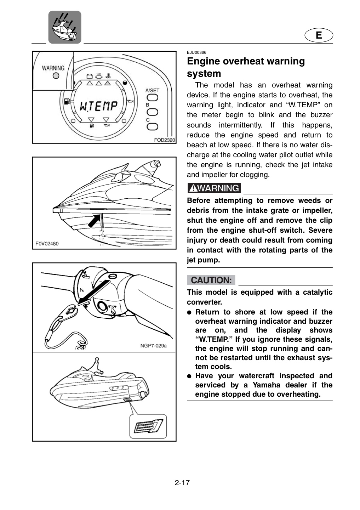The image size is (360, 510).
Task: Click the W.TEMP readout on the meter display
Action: pyautogui.click(x=98, y=107)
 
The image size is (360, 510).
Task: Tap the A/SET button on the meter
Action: pyautogui.click(x=153, y=98)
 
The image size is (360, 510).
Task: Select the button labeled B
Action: pyautogui.click(x=153, y=112)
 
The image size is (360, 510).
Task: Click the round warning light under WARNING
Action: pyautogui.click(x=56, y=75)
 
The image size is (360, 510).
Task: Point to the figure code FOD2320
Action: pyautogui.click(x=165, y=140)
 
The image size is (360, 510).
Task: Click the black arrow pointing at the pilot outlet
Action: pyautogui.click(x=94, y=221)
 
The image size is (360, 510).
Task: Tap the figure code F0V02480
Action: pyautogui.click(x=47, y=244)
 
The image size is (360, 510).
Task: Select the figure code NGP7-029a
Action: pyautogui.click(x=153, y=346)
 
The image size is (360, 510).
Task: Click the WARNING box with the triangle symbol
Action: pyautogui.click(x=214, y=188)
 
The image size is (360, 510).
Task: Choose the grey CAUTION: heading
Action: pyautogui.click(x=211, y=280)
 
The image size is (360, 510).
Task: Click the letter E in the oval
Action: pyautogui.click(x=319, y=35)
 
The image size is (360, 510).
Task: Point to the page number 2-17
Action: pyautogui.click(x=182, y=482)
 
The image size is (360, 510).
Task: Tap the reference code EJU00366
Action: pyautogui.click(x=196, y=52)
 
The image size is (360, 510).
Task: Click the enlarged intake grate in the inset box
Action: pyautogui.click(x=148, y=426)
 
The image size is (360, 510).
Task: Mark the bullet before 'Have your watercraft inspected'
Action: pyautogui.click(x=189, y=376)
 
